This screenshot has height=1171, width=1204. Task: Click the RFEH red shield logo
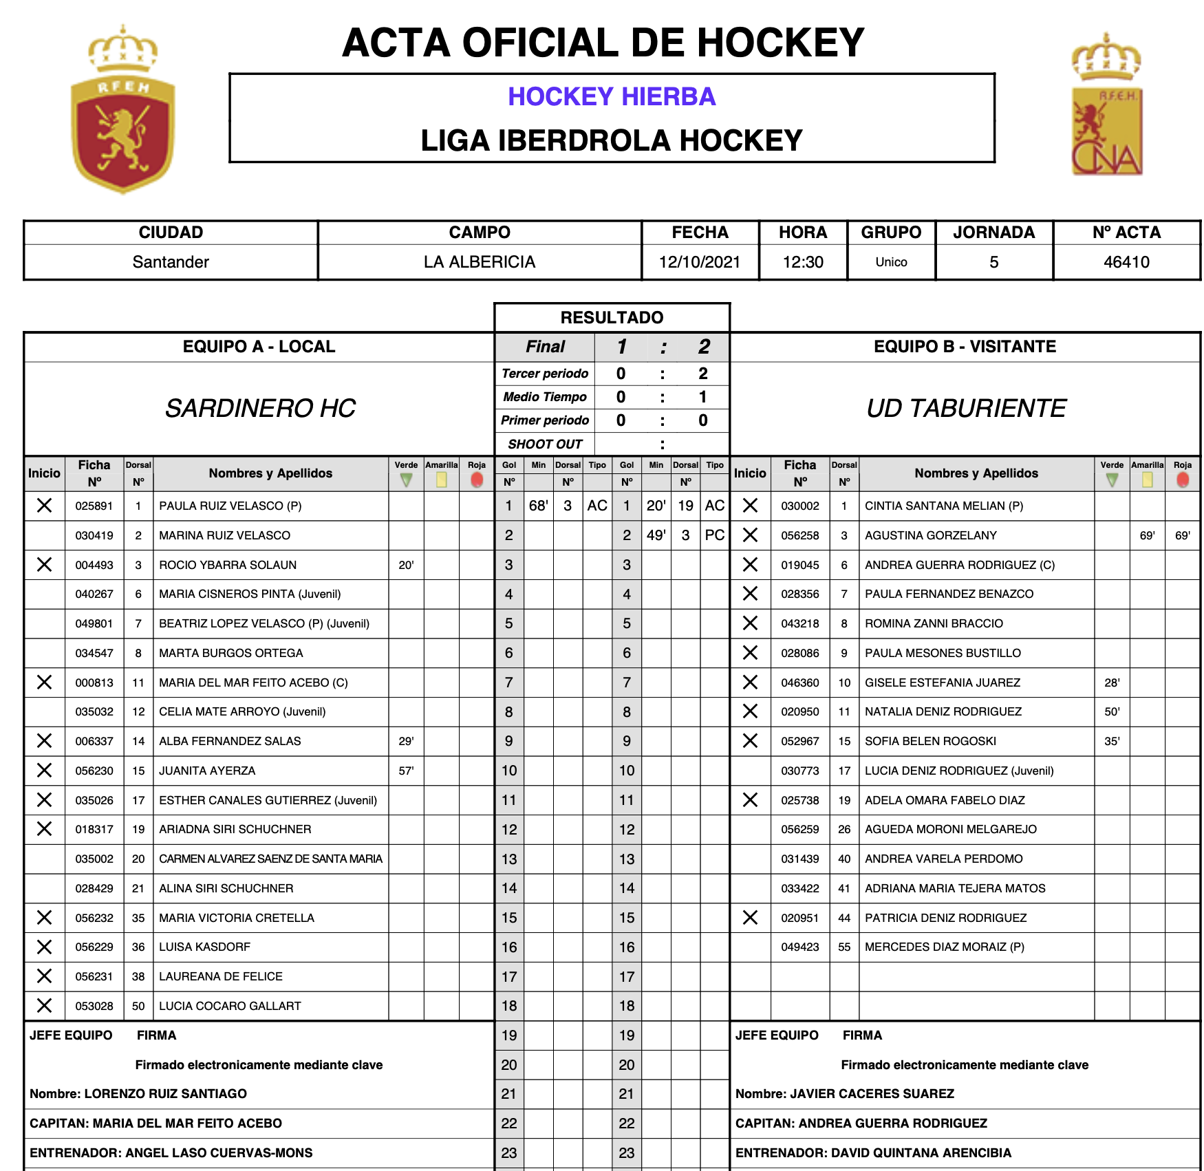[123, 110]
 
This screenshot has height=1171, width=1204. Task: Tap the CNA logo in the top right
[1106, 105]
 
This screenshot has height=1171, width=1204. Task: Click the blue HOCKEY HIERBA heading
[612, 97]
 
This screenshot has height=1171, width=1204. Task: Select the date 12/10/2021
[700, 262]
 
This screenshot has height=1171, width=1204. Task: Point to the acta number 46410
[1126, 262]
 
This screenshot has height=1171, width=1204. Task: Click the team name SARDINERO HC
[260, 409]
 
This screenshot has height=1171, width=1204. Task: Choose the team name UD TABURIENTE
[966, 409]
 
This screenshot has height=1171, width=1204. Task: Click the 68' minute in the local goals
[538, 506]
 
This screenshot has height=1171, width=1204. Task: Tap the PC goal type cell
[715, 535]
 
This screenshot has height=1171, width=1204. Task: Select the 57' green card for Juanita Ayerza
[406, 771]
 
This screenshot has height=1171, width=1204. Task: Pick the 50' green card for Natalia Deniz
[1112, 712]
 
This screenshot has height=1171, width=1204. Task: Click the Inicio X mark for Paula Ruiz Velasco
[45, 506]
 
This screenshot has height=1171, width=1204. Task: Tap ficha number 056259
[800, 830]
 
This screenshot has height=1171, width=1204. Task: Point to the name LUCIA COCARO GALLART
[230, 1006]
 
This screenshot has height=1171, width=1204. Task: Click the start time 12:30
[803, 262]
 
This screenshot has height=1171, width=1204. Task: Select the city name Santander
[171, 262]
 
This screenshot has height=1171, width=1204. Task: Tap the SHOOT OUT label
[545, 444]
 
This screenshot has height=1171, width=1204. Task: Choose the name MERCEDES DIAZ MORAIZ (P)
[944, 947]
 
